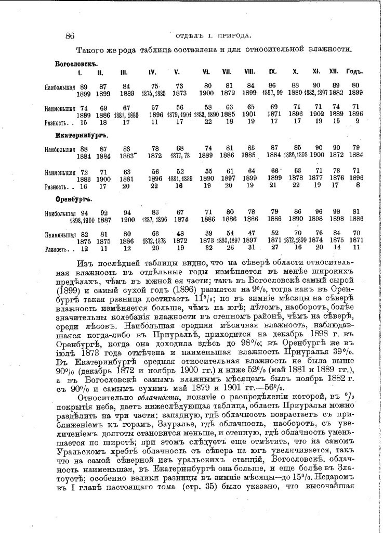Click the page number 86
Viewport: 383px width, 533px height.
click(71, 35)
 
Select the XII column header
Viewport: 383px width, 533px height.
click(334, 72)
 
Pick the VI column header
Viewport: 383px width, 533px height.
click(206, 72)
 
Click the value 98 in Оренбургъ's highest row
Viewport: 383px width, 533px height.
click(337, 213)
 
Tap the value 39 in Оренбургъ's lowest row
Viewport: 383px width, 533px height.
click(207, 234)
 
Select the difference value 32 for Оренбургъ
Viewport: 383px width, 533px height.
click(207, 249)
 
